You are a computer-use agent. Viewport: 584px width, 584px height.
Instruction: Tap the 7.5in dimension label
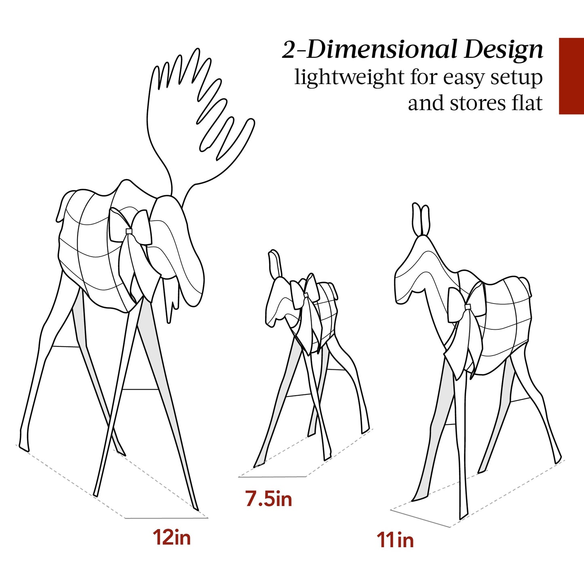[269, 500]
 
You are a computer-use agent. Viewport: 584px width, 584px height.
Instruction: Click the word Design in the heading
[504, 50]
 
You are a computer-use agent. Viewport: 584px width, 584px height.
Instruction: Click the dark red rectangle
[571, 76]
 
